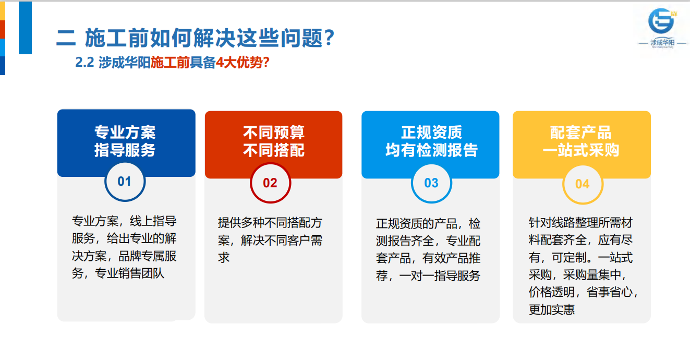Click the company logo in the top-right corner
click(x=662, y=28)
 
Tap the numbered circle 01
click(x=105, y=182)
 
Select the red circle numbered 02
click(x=250, y=183)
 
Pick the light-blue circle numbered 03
click(x=411, y=183)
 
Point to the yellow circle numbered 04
click(x=563, y=184)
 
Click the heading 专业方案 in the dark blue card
click(x=125, y=133)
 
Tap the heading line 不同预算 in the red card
click(x=273, y=133)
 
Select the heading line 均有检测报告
click(x=431, y=150)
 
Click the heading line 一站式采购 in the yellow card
click(x=581, y=150)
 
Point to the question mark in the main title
click(x=329, y=38)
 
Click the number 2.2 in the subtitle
click(x=84, y=63)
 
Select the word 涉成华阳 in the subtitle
click(x=125, y=63)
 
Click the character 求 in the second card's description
click(x=224, y=257)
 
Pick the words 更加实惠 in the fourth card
click(x=552, y=309)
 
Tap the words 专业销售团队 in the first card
click(x=129, y=273)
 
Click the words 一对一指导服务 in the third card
click(x=440, y=275)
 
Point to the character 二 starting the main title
click(x=66, y=38)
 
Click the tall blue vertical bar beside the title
click(x=25, y=28)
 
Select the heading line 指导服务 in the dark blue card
click(x=125, y=150)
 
